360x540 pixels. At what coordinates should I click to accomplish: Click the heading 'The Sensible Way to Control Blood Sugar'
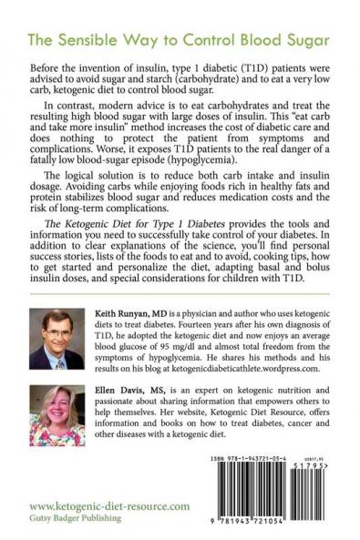[180, 42]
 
